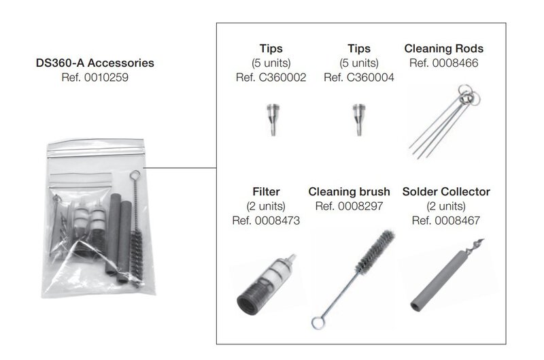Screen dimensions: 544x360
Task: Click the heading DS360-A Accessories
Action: tap(95, 63)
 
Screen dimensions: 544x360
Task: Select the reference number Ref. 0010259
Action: tap(95, 77)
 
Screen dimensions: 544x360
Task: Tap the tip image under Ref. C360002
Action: tap(273, 119)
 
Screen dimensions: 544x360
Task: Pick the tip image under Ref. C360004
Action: tap(359, 119)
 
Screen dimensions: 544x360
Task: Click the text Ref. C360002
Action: tap(271, 77)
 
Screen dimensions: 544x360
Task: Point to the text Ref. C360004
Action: tap(359, 77)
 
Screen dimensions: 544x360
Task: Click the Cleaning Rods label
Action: tap(444, 48)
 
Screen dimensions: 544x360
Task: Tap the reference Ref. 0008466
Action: tap(444, 63)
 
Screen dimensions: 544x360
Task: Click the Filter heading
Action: tap(266, 192)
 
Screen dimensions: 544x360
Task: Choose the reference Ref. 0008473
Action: tap(266, 220)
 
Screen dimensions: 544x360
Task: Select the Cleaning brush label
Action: tap(349, 192)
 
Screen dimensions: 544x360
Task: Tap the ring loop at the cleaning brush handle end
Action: tap(318, 323)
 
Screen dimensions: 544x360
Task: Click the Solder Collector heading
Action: tap(446, 192)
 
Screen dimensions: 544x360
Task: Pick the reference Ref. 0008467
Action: tap(446, 220)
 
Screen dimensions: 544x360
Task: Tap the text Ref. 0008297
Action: tap(349, 206)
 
